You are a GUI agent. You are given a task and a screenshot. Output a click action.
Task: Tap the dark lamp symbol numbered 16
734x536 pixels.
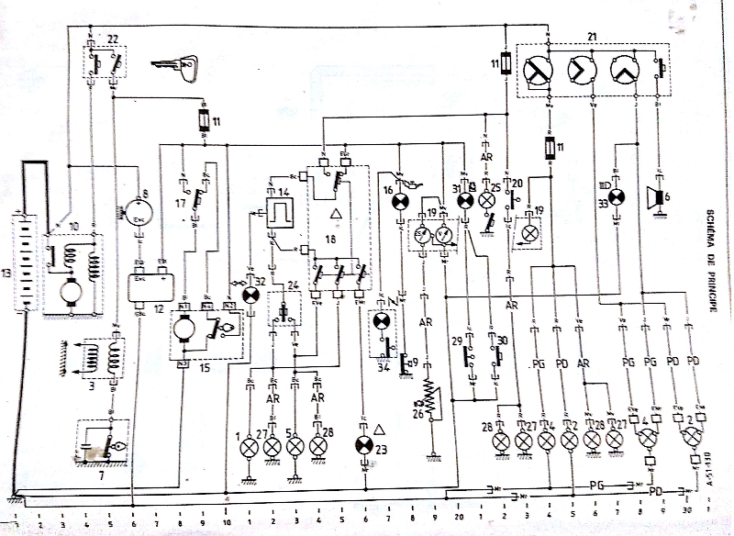[x=400, y=200]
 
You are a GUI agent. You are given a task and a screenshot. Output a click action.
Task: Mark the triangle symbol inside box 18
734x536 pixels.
[x=336, y=214]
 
